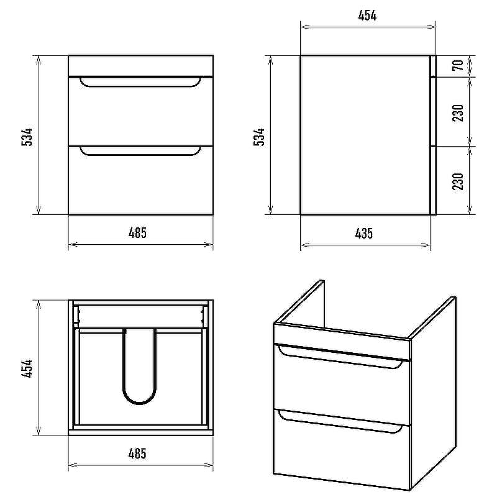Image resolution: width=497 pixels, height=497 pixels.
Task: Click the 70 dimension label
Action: pyautogui.click(x=459, y=65)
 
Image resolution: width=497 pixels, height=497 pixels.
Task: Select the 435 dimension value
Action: pyautogui.click(x=364, y=234)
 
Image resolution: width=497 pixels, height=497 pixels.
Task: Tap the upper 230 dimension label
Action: pyautogui.click(x=458, y=112)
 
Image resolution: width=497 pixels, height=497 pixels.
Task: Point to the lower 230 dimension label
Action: pyautogui.click(x=458, y=181)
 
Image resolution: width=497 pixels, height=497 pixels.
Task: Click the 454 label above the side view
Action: pyautogui.click(x=367, y=16)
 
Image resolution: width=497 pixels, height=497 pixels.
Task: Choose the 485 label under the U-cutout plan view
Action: pyautogui.click(x=137, y=454)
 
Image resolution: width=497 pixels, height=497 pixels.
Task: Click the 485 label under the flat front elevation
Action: pyautogui.click(x=137, y=233)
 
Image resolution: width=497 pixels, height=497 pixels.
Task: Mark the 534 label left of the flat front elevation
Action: pyautogui.click(x=27, y=137)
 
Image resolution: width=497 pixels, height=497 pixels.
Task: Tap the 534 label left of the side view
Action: pyautogui.click(x=259, y=137)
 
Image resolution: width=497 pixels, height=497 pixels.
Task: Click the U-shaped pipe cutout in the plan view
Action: pyautogui.click(x=139, y=403)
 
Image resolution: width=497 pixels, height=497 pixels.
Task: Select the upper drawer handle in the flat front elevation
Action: pyautogui.click(x=140, y=86)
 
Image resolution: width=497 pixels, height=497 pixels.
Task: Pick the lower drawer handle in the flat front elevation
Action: pyautogui.click(x=140, y=154)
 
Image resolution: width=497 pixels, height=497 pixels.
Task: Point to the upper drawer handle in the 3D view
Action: pyautogui.click(x=339, y=362)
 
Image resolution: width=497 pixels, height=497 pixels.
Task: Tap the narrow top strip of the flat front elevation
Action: pyautogui.click(x=141, y=66)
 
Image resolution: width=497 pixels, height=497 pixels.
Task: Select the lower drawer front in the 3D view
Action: pyautogui.click(x=342, y=450)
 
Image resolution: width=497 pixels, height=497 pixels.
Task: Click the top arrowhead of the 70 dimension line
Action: pyautogui.click(x=470, y=60)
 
